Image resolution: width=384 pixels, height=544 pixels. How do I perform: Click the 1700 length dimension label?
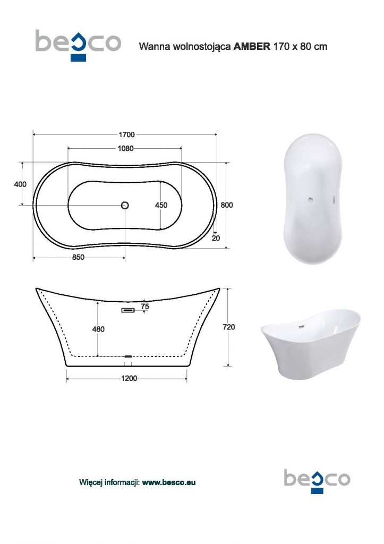pyautogui.click(x=126, y=134)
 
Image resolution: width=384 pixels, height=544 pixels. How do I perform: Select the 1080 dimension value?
pyautogui.click(x=125, y=149)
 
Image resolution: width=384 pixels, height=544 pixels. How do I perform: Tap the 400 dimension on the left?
pyautogui.click(x=20, y=184)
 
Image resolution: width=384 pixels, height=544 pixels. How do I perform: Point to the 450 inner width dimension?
pyautogui.click(x=161, y=206)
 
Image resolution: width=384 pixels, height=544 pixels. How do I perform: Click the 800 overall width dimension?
pyautogui.click(x=227, y=205)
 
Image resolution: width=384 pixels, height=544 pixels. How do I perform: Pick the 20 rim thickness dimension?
pyautogui.click(x=216, y=239)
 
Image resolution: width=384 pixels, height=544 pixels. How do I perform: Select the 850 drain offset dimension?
pyautogui.click(x=78, y=258)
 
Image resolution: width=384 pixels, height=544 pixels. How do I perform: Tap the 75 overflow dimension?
pyautogui.click(x=145, y=307)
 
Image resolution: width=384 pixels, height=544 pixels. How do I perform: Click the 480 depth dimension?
pyautogui.click(x=98, y=329)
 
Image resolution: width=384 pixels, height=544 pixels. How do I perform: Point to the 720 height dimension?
pyautogui.click(x=228, y=327)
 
